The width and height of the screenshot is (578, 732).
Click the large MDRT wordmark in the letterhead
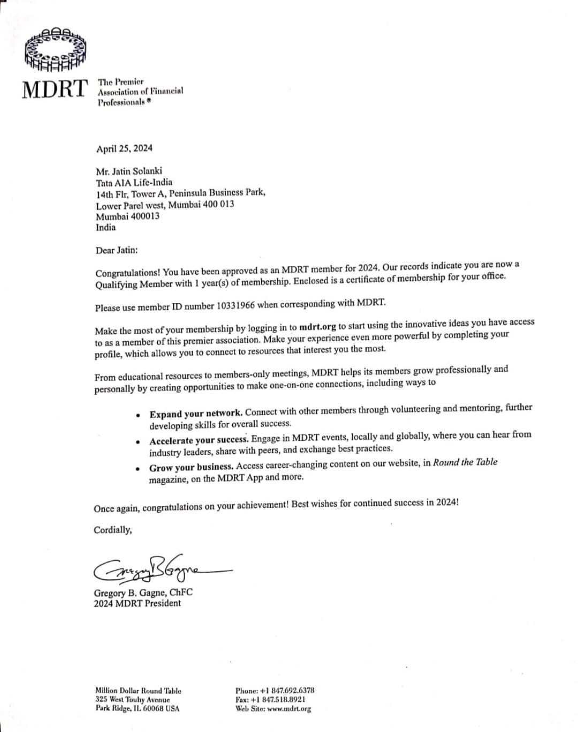(x=55, y=89)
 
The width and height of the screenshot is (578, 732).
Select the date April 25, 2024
(x=124, y=148)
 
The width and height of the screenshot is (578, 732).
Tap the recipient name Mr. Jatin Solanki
(x=129, y=172)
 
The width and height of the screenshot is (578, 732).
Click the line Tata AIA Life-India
(x=134, y=183)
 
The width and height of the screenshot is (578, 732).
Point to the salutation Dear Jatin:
(x=117, y=250)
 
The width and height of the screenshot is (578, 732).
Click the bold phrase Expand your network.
(x=196, y=413)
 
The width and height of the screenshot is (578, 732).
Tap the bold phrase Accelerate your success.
(x=199, y=441)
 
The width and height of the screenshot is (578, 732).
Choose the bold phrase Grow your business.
(x=191, y=467)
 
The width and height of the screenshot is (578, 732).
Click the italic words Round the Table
(x=465, y=462)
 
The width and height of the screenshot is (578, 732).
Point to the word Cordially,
(x=113, y=530)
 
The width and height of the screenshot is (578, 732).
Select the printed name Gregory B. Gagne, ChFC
(x=143, y=592)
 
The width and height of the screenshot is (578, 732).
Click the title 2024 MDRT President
(x=138, y=603)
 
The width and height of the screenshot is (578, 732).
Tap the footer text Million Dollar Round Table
(x=138, y=691)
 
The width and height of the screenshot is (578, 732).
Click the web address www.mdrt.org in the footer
(x=289, y=708)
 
